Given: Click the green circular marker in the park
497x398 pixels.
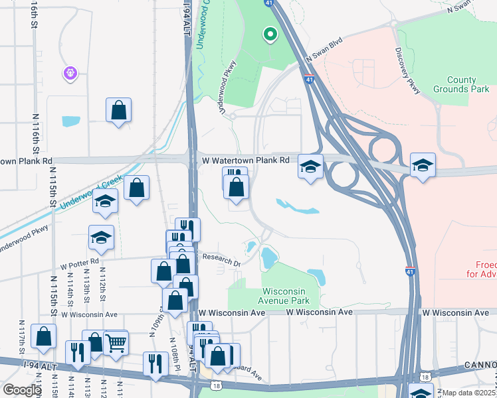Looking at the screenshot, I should pyautogui.click(x=270, y=34).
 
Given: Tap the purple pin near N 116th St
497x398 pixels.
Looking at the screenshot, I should pyautogui.click(x=71, y=73).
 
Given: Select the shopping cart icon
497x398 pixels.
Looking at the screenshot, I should pyautogui.click(x=116, y=342).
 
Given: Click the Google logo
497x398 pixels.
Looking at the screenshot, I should pyautogui.click(x=22, y=390).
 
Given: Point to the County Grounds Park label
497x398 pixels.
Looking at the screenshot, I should pyautogui.click(x=454, y=84).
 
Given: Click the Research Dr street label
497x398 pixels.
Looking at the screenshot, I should pyautogui.click(x=221, y=260).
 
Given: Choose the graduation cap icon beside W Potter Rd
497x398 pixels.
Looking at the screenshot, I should pyautogui.click(x=101, y=237).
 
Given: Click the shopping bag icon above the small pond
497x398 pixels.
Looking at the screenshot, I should pyautogui.click(x=118, y=109).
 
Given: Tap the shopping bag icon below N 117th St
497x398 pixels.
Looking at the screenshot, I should pyautogui.click(x=44, y=336).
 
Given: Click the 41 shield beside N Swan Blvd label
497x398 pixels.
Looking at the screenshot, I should pyautogui.click(x=310, y=79).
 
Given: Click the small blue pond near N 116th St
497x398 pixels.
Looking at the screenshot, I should pyautogui.click(x=70, y=121).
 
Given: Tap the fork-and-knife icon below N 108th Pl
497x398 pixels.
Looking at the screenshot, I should pyautogui.click(x=155, y=364).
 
